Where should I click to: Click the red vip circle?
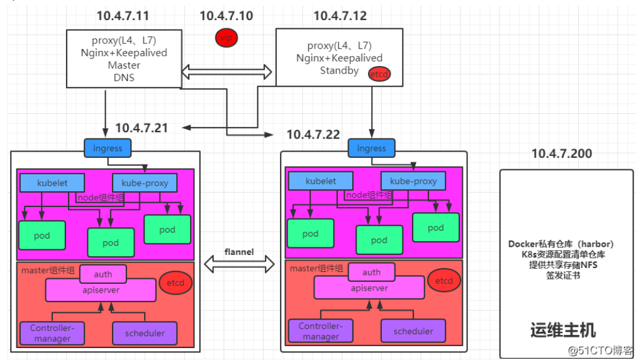[x=226, y=38]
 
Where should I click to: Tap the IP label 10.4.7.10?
[x=226, y=16]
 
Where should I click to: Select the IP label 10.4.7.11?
[x=123, y=16]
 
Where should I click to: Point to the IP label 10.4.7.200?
[x=561, y=153]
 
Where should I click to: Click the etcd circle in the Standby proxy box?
[x=379, y=74]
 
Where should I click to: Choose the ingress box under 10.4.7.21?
[x=107, y=149]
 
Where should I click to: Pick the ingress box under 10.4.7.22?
[x=371, y=148]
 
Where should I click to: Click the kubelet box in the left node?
[x=52, y=183]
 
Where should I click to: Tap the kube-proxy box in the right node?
[x=413, y=181]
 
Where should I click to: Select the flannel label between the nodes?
[x=239, y=252]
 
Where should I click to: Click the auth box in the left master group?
[x=103, y=274]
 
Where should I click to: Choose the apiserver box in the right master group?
[x=369, y=288]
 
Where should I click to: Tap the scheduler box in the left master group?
[x=144, y=333]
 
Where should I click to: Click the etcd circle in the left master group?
[x=176, y=283]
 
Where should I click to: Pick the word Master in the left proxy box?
[x=124, y=65]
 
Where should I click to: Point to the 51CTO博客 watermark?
[x=600, y=349]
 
